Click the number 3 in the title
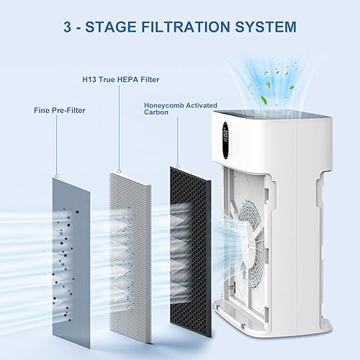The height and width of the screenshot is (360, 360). tap(70, 27)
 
